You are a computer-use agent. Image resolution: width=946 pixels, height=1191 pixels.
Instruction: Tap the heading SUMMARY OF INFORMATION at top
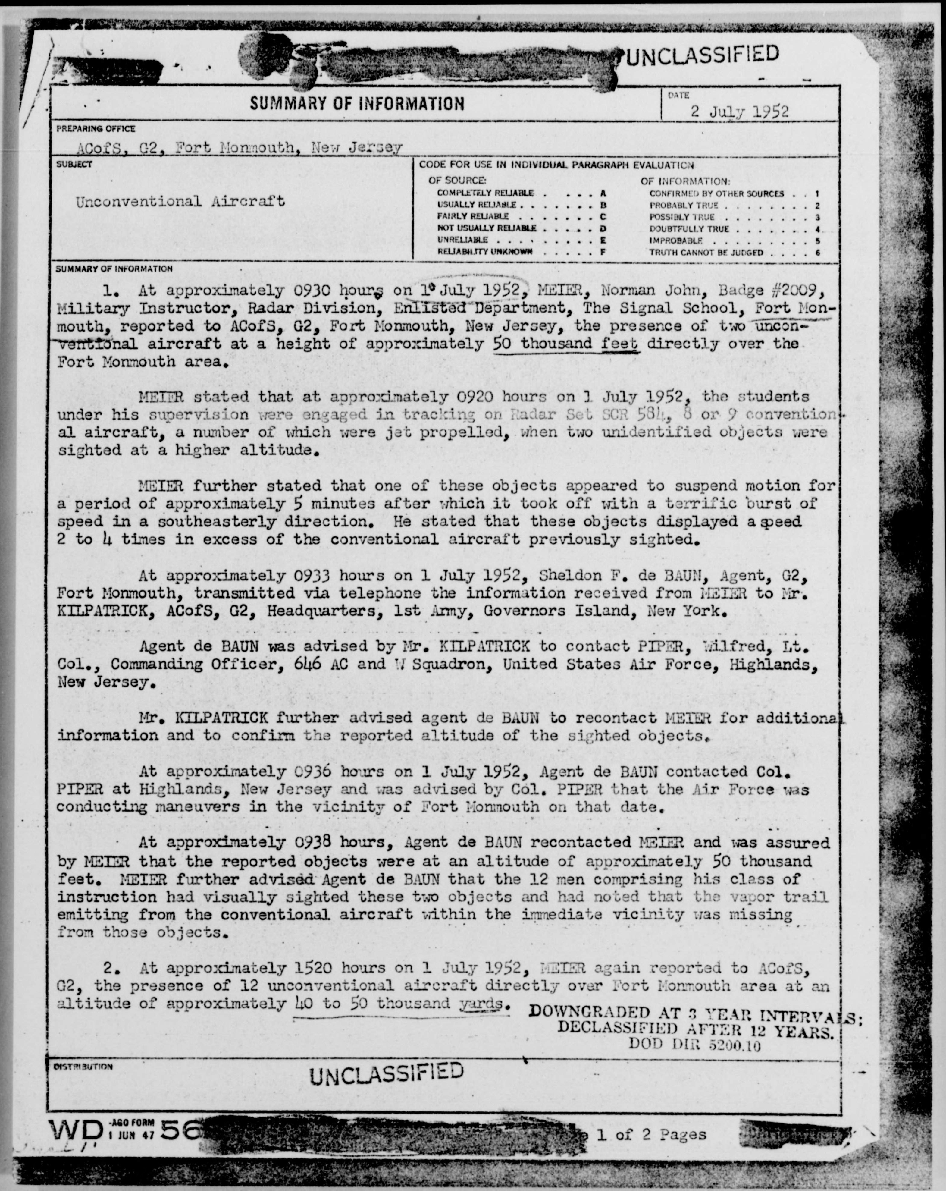click(357, 103)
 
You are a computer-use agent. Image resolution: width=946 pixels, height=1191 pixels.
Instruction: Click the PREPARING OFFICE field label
click(96, 129)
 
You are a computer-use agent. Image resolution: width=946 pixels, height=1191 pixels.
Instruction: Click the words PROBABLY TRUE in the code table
click(684, 205)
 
